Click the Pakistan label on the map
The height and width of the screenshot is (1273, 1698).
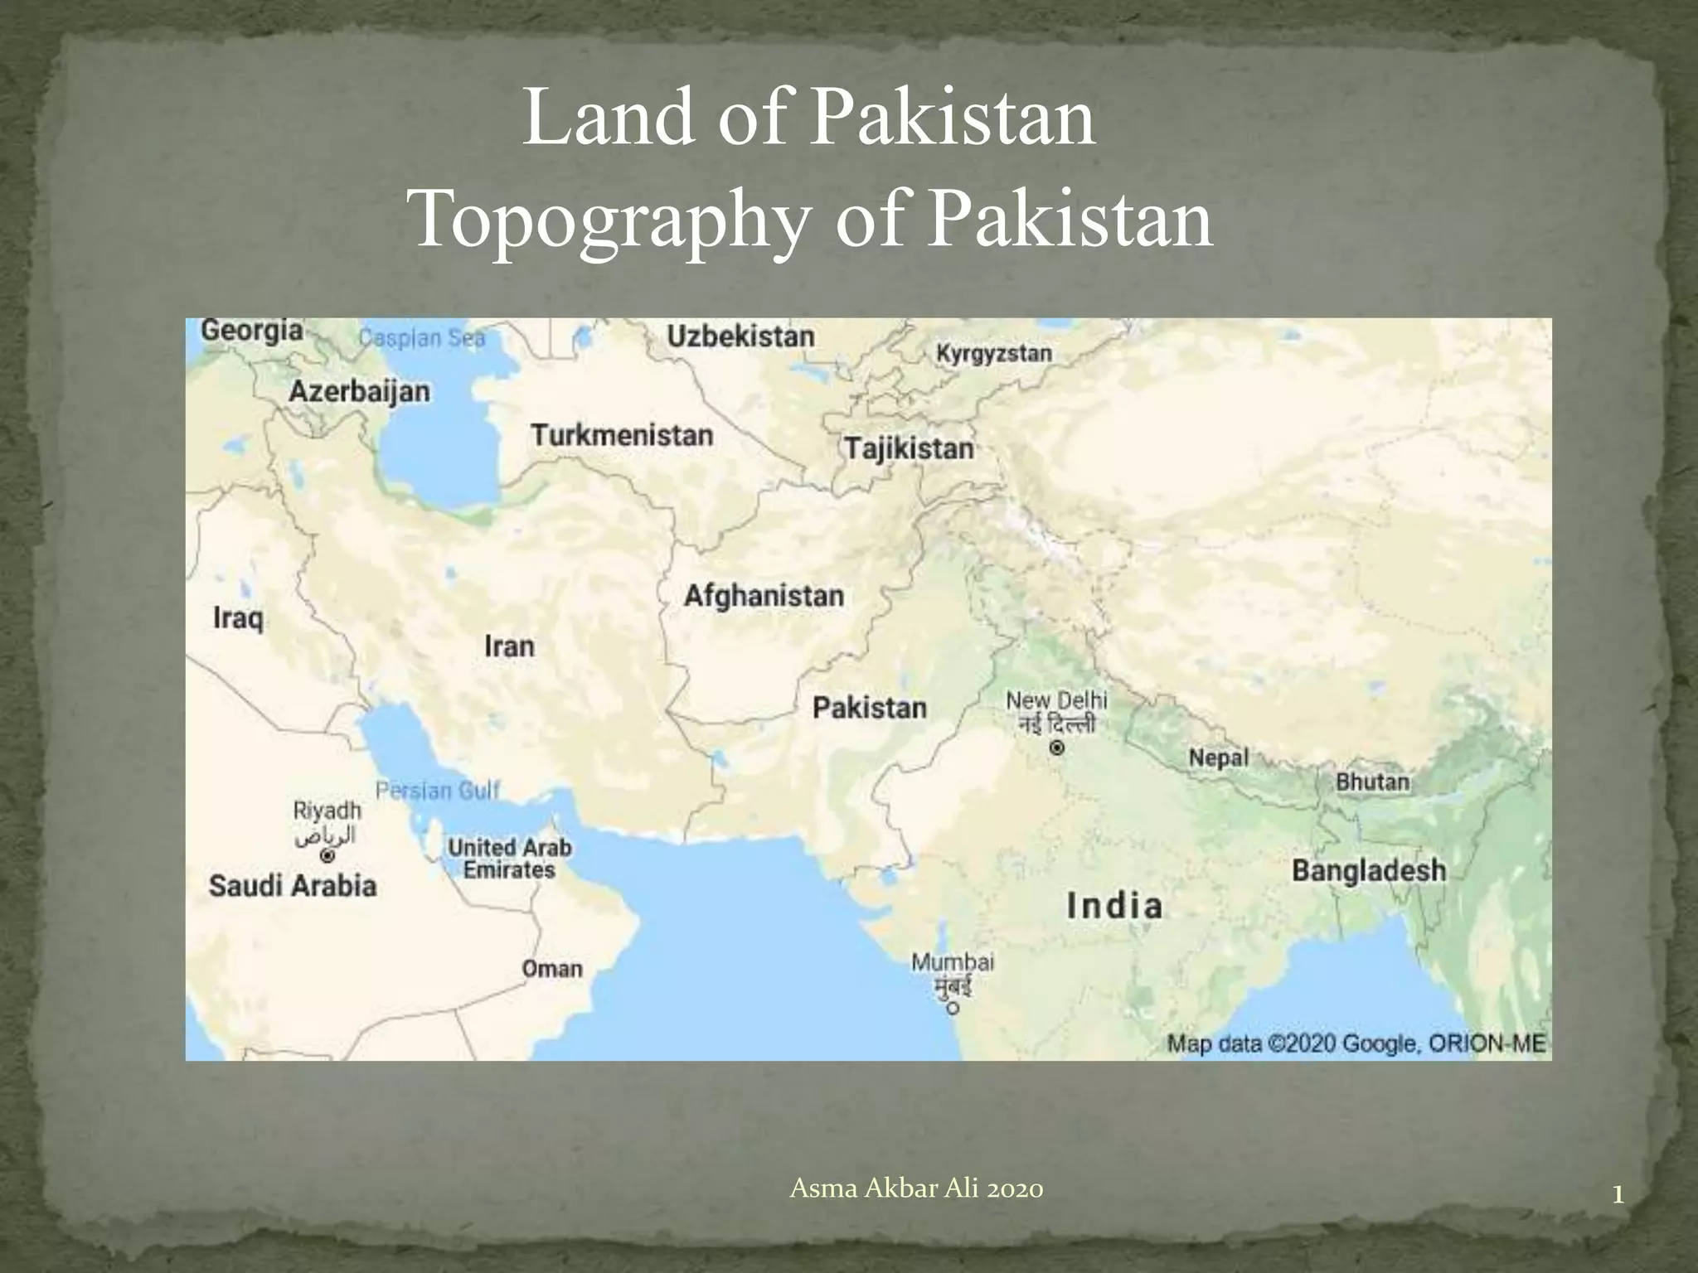pos(869,708)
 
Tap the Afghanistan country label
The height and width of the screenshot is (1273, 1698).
pos(764,596)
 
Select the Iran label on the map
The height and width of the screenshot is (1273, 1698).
pos(509,646)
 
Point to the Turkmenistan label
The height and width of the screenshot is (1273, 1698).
pos(622,435)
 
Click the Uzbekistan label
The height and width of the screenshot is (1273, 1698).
pos(740,336)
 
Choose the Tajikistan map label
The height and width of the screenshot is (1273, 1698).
pos(909,448)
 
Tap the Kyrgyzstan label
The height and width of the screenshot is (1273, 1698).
pos(993,353)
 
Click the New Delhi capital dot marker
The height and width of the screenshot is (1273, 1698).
pos(1056,748)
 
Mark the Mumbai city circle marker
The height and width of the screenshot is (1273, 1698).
pos(953,1009)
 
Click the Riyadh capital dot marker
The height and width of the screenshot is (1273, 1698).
pos(328,854)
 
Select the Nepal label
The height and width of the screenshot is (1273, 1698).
pos(1218,758)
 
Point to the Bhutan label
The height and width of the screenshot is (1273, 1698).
pos(1372,782)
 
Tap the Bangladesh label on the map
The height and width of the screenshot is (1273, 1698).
pos(1368,870)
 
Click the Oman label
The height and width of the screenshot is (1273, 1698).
pos(552,969)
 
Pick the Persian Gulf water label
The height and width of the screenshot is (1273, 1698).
pos(438,791)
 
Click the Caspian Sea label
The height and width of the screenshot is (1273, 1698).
pos(421,338)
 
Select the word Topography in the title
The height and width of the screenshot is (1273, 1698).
pos(609,220)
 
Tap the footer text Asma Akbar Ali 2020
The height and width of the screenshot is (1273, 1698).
pos(916,1188)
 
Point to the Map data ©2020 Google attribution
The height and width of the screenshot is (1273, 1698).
pos(1356,1043)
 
